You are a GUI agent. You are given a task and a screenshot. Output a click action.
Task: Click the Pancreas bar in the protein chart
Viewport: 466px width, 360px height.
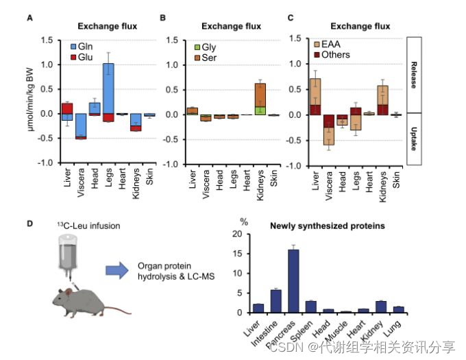(293, 280)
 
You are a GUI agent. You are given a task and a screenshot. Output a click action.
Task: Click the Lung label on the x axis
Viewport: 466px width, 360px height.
(400, 323)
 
